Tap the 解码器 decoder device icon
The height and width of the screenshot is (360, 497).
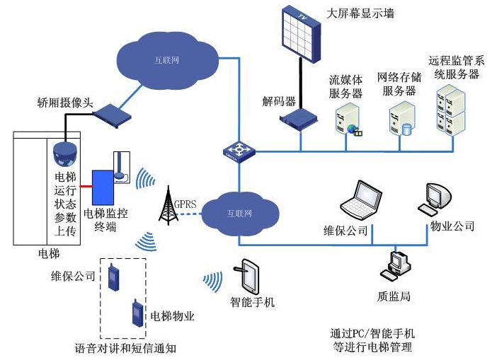[297, 120]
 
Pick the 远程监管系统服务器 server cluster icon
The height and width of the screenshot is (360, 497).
[452, 110]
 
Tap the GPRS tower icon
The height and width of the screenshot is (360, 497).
[168, 206]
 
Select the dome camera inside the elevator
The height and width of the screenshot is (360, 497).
[64, 151]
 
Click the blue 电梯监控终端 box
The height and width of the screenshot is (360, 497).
[101, 185]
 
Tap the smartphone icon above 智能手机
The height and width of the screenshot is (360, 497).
[251, 277]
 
